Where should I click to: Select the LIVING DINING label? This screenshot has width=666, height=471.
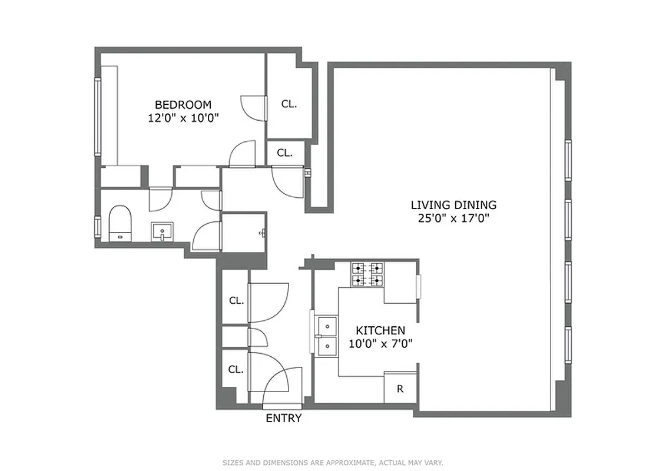click(453, 205)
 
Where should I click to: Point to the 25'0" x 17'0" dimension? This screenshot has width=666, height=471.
click(453, 218)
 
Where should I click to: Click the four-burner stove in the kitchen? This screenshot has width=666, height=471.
click(367, 274)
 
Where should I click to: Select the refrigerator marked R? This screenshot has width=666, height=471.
click(400, 389)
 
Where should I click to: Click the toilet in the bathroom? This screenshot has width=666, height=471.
click(120, 223)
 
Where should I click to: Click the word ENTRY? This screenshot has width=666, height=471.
click(284, 419)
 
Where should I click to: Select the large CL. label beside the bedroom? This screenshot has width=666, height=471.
click(289, 104)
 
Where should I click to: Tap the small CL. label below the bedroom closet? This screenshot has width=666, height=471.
click(285, 152)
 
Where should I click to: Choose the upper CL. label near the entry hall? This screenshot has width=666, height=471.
click(236, 300)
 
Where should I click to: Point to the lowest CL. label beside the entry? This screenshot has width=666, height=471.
click(236, 370)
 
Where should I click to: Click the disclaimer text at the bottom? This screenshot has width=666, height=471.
click(333, 463)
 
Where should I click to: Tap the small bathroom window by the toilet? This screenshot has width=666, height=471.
click(98, 227)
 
